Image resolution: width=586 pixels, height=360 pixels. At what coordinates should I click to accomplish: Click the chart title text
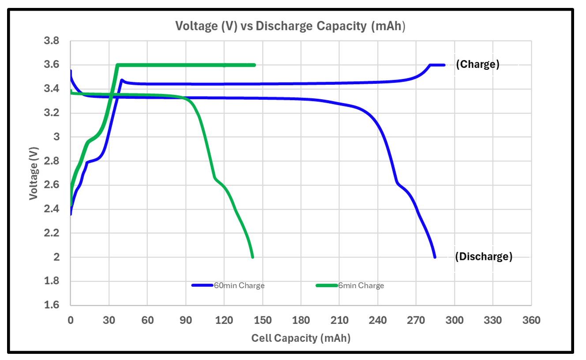(290, 26)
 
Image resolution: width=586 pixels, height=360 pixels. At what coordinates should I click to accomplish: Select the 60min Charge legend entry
(239, 285)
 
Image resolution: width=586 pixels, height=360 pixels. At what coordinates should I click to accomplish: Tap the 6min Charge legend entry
(361, 285)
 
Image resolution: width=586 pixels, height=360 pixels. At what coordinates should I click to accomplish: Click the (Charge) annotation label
(477, 64)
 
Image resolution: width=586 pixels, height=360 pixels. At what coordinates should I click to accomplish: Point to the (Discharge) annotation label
(484, 257)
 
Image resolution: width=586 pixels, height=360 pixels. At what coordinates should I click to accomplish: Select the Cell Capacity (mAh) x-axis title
(301, 338)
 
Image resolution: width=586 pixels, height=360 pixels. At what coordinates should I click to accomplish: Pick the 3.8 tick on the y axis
(53, 41)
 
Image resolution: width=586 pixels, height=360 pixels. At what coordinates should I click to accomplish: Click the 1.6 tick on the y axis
(53, 305)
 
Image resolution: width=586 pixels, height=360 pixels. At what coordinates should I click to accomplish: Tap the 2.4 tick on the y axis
(53, 209)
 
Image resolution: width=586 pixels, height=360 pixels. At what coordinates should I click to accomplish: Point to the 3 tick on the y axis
(56, 137)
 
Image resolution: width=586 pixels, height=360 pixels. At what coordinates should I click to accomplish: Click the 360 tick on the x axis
(531, 320)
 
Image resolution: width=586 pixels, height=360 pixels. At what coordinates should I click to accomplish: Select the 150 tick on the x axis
(263, 320)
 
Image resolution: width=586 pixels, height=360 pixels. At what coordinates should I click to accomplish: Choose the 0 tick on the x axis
(71, 320)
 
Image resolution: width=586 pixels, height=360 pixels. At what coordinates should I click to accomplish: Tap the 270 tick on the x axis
(416, 320)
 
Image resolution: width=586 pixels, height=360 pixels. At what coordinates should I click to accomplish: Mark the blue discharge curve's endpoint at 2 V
(435, 257)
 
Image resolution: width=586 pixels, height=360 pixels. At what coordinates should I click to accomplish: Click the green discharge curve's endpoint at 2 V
(253, 257)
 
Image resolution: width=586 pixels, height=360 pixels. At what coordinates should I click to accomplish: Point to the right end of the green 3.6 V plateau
(255, 65)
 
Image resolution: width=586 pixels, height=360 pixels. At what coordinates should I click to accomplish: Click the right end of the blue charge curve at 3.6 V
(444, 65)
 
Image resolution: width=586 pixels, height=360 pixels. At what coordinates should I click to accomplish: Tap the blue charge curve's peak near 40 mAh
(122, 80)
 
